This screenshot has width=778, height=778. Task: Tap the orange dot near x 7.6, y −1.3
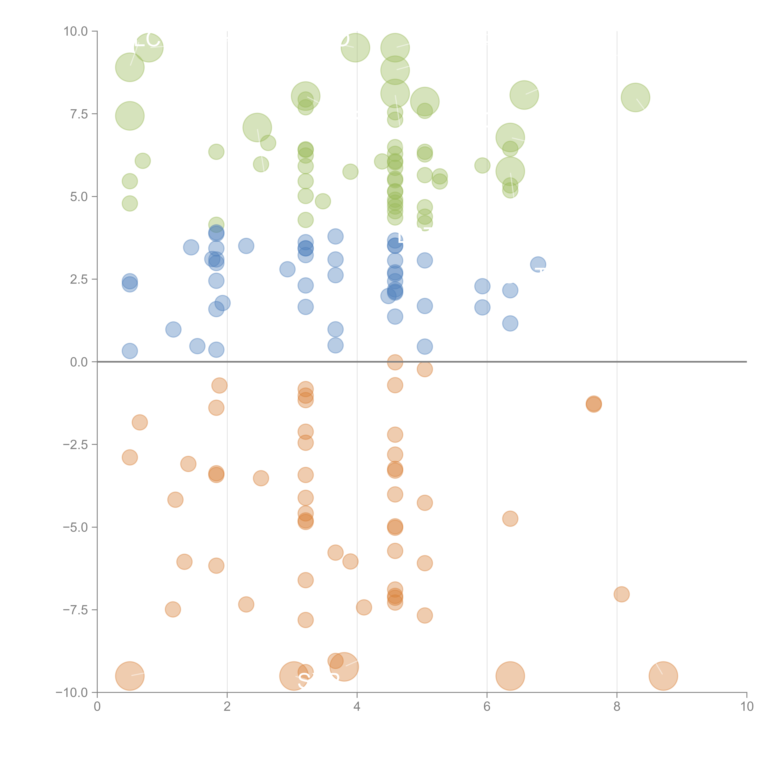594,404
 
